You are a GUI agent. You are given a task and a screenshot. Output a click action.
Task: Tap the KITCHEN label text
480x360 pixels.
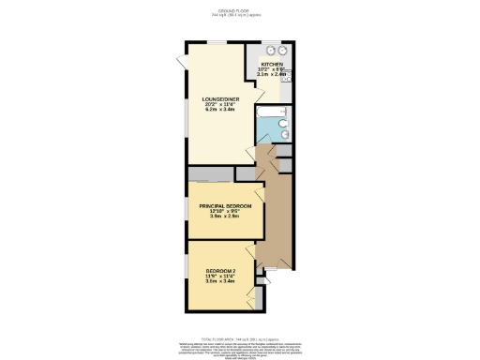pyautogui.click(x=271, y=64)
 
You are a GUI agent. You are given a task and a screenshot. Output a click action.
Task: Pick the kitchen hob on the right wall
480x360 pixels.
pyautogui.click(x=287, y=79)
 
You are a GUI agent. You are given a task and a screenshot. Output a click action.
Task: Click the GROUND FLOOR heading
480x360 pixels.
pyautogui.click(x=240, y=11)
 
